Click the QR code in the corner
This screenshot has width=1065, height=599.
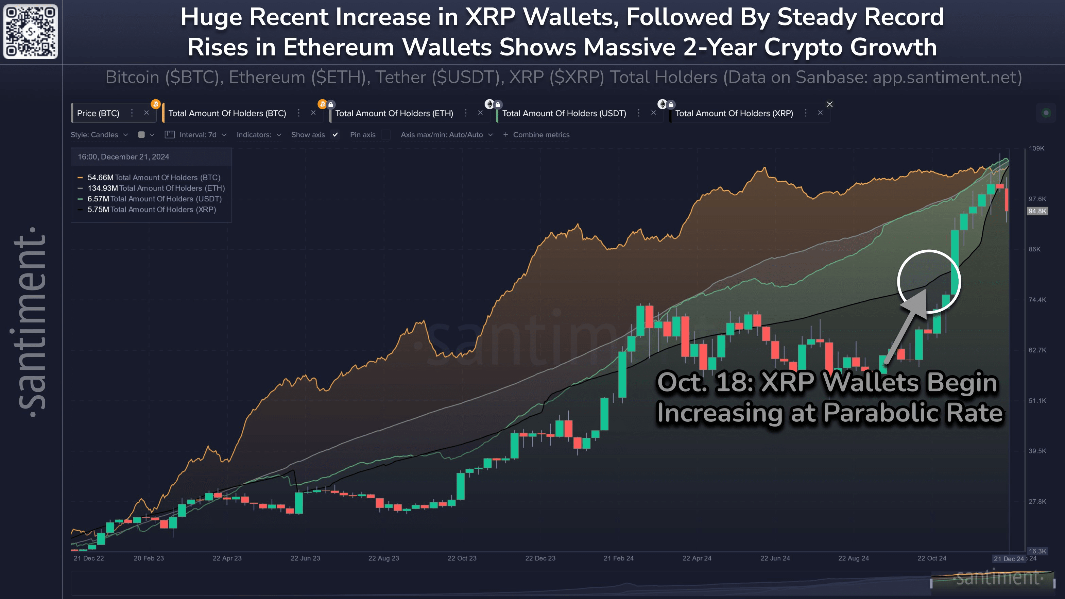tap(31, 31)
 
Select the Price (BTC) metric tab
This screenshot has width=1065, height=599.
tap(98, 113)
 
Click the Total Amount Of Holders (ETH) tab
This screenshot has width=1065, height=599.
tap(394, 113)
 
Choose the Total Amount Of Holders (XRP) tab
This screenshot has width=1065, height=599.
tap(734, 113)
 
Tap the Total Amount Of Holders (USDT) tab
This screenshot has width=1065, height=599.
tap(564, 113)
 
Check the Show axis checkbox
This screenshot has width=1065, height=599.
tap(335, 135)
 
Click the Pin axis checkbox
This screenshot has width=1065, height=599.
tap(386, 135)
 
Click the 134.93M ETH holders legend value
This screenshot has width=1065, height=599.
tap(103, 188)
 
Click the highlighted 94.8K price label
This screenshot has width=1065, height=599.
tap(1037, 211)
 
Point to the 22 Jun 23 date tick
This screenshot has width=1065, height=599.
tap(305, 559)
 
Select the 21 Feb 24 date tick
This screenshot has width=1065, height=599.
tap(618, 559)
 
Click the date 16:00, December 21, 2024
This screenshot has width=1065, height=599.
tap(123, 157)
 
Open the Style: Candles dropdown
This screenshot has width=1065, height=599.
tap(99, 135)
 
